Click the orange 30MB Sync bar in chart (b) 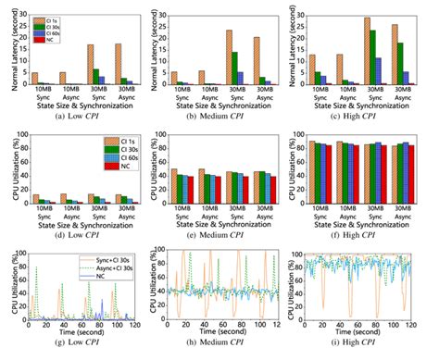coord(228,57)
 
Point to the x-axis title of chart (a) coord(76,106)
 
